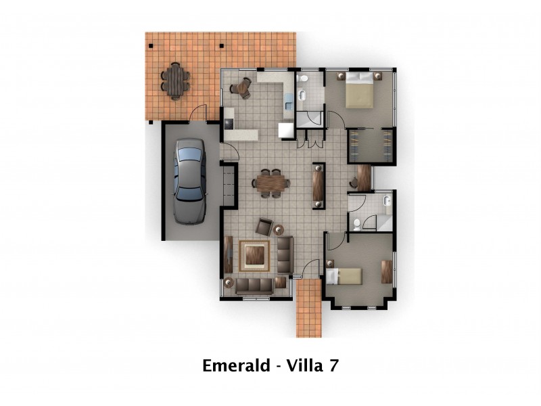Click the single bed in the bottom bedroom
(x=344, y=275)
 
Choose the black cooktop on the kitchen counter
(x=229, y=123)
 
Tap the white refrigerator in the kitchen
(x=287, y=130)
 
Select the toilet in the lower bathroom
(x=357, y=224)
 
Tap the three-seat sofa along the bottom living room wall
(x=254, y=286)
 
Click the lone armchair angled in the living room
(x=264, y=227)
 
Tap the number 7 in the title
(x=332, y=366)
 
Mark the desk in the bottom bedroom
(x=387, y=271)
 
